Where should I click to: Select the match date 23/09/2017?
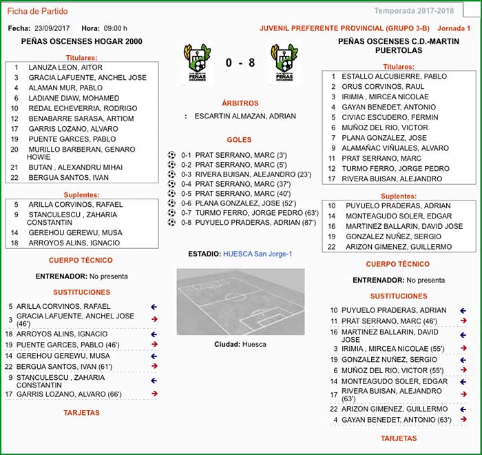52,28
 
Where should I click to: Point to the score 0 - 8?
240,63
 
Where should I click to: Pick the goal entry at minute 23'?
247,174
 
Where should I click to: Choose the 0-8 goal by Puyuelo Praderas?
249,223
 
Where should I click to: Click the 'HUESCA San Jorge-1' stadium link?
258,254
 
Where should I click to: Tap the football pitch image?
240,303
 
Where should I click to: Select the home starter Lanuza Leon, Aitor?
65,68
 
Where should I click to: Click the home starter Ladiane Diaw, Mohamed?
72,98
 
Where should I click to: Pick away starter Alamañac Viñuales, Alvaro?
395,148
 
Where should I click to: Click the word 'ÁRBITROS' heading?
240,103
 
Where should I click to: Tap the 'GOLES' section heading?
240,140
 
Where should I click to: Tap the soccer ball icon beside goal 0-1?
172,155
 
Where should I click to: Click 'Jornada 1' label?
454,28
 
